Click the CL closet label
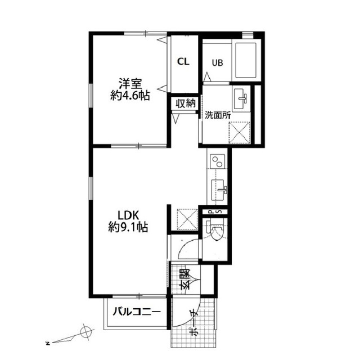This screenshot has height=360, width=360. click(x=183, y=61)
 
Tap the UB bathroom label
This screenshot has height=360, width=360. click(x=217, y=62)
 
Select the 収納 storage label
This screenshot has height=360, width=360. click(x=186, y=103)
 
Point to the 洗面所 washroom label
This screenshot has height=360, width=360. click(x=218, y=115)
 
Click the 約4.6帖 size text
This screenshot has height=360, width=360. click(x=130, y=96)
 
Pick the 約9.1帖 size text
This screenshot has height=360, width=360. click(x=128, y=227)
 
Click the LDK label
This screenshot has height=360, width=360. click(x=128, y=215)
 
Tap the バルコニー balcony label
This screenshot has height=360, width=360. click(x=137, y=312)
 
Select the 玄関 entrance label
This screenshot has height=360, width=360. click(x=185, y=278)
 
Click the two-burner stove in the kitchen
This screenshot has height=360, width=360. click(x=217, y=161)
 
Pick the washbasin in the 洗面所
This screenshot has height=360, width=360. click(x=241, y=99)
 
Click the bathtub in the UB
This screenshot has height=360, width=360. click(x=246, y=60)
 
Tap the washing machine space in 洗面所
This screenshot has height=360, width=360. click(x=240, y=133)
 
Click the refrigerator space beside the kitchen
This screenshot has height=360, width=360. click(x=187, y=219)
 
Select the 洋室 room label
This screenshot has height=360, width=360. click(x=130, y=84)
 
